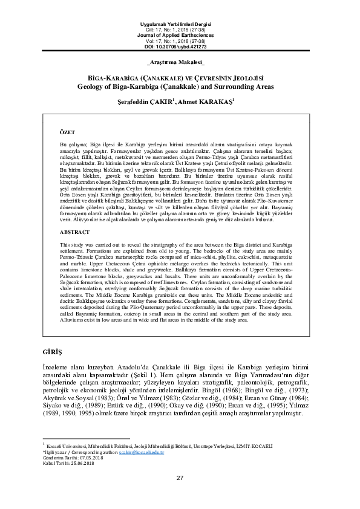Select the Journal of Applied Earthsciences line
[180, 34]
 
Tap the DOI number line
[180, 46]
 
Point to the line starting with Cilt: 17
[180, 29]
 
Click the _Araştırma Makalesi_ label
[180, 63]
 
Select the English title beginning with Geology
[180, 86]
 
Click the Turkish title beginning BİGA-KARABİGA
[180, 78]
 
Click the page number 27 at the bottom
[180, 495]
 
